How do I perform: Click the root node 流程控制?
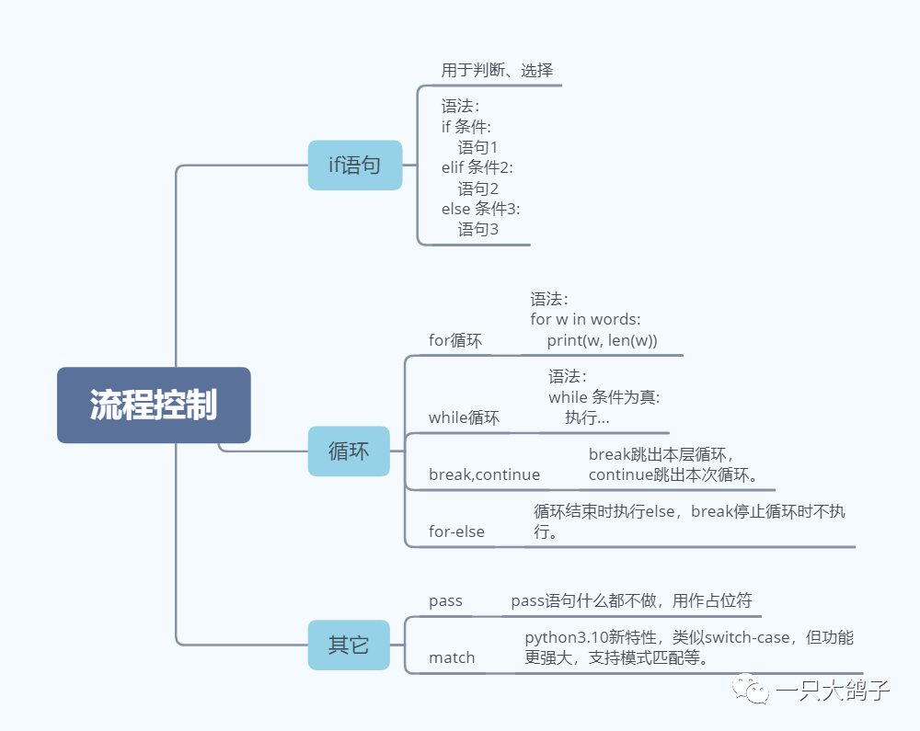tap(154, 405)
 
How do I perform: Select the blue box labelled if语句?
tap(355, 166)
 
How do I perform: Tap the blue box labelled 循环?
tap(349, 451)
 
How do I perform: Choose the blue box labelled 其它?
tap(349, 645)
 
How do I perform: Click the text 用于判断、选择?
tap(497, 70)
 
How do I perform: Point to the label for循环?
tap(455, 340)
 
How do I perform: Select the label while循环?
tap(465, 417)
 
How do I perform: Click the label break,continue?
tap(484, 474)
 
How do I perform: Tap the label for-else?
tap(456, 531)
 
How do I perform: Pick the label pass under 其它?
tap(445, 600)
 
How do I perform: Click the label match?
tap(452, 657)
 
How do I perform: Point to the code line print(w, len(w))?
tap(602, 340)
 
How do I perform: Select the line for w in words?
tap(585, 319)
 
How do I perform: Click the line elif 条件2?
tap(477, 167)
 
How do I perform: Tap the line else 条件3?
tap(480, 209)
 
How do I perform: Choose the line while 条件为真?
tap(604, 397)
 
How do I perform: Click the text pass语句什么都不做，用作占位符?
tap(631, 600)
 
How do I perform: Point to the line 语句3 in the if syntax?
tap(478, 229)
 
